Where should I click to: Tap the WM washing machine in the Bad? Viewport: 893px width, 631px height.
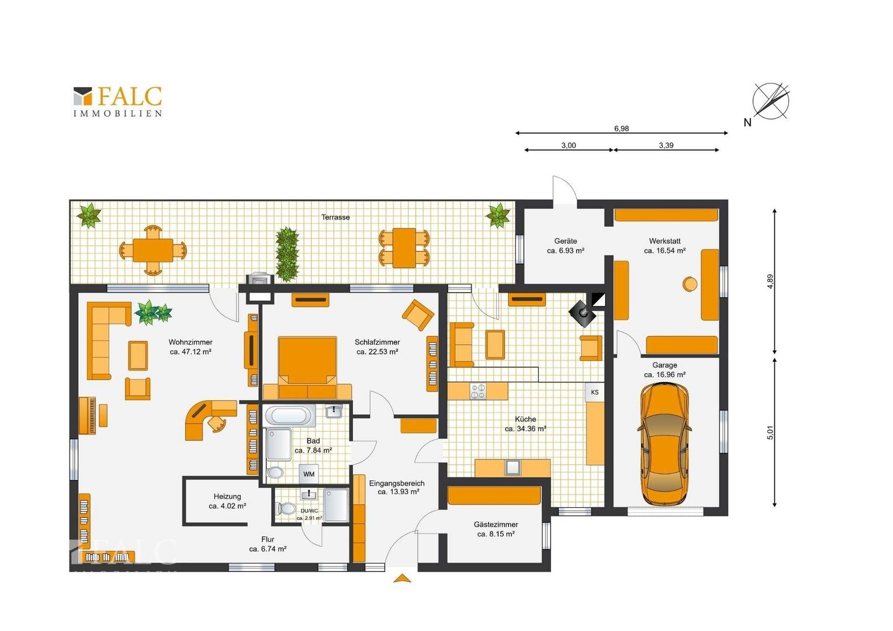(x=309, y=474)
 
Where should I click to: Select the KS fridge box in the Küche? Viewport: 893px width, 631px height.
(x=594, y=392)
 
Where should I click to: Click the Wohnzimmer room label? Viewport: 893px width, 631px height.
(x=191, y=342)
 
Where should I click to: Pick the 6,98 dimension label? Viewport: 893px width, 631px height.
(x=621, y=129)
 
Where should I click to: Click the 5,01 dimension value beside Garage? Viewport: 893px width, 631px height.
(x=770, y=432)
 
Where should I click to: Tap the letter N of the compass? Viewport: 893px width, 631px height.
(x=747, y=122)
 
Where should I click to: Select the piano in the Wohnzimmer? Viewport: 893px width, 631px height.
(x=88, y=415)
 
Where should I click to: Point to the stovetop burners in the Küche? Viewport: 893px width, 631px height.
(x=477, y=391)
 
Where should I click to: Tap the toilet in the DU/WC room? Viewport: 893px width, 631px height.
(x=285, y=509)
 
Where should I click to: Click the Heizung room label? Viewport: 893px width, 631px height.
(x=227, y=496)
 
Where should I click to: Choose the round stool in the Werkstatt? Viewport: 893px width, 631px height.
(x=690, y=284)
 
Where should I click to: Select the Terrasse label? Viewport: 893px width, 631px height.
(x=335, y=217)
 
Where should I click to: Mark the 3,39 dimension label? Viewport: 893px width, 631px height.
(x=666, y=145)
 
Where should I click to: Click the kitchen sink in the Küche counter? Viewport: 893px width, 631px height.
(x=513, y=467)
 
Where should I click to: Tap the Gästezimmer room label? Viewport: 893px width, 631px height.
(x=496, y=525)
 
